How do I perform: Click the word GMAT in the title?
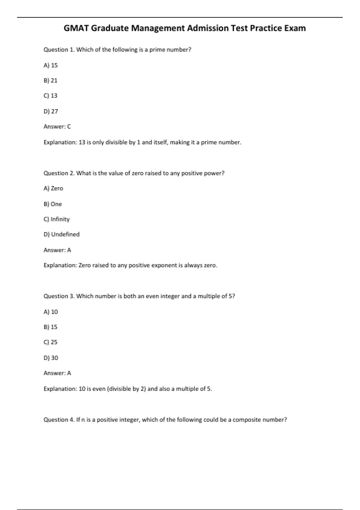pos(76,28)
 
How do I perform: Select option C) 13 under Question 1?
pos(50,96)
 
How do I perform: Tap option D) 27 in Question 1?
pos(51,111)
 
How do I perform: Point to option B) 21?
pos(50,80)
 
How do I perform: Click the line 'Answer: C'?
pos(57,127)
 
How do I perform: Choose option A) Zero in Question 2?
pos(53,188)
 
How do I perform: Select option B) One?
pos(53,204)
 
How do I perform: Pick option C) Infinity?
pos(57,219)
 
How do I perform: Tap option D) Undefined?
pos(61,234)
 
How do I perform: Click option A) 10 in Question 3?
pos(51,312)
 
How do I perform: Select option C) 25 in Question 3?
pos(50,342)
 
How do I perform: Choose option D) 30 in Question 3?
pos(51,358)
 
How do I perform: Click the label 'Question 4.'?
pos(59,420)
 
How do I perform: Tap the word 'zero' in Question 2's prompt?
pos(138,173)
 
